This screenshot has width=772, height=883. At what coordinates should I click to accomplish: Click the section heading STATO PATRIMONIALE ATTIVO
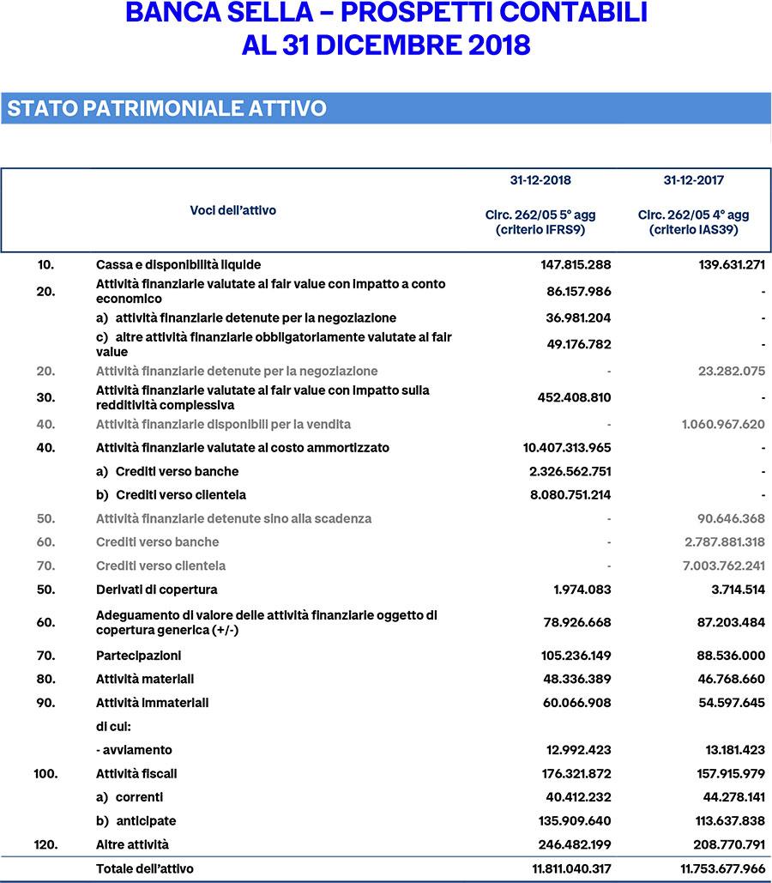pyautogui.click(x=166, y=109)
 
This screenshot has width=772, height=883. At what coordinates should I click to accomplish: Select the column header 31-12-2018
pyautogui.click(x=540, y=180)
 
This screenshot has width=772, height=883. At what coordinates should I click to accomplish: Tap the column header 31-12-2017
pyautogui.click(x=693, y=180)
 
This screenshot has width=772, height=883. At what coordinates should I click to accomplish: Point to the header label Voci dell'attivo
pyautogui.click(x=232, y=210)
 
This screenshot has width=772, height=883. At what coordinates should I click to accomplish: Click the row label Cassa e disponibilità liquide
pyautogui.click(x=178, y=264)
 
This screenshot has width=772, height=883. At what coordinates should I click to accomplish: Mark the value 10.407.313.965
pyautogui.click(x=567, y=448)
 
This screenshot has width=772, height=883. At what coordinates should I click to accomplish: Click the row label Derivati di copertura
pyautogui.click(x=157, y=590)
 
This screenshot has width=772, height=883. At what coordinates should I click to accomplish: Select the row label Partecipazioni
pyautogui.click(x=139, y=656)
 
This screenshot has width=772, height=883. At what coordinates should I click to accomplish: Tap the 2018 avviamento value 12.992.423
pyautogui.click(x=579, y=750)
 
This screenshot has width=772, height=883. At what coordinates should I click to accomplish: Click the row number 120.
pyautogui.click(x=45, y=844)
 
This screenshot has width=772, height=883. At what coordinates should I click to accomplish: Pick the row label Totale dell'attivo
pyautogui.click(x=145, y=868)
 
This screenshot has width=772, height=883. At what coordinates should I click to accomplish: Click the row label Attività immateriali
pyautogui.click(x=153, y=703)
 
